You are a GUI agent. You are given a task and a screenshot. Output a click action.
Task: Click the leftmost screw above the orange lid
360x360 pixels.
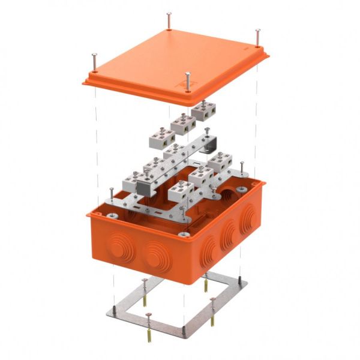[x=94, y=59]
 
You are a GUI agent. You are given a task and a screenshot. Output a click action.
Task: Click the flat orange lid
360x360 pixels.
[x=174, y=60]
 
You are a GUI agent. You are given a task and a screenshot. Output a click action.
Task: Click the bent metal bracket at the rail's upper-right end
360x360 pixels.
[x=209, y=145]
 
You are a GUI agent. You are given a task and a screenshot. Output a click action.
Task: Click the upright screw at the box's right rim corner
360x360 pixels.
[x=242, y=169]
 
